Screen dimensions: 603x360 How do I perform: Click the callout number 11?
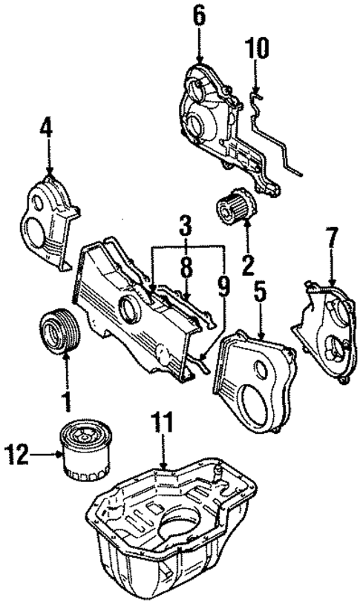[163, 427]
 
